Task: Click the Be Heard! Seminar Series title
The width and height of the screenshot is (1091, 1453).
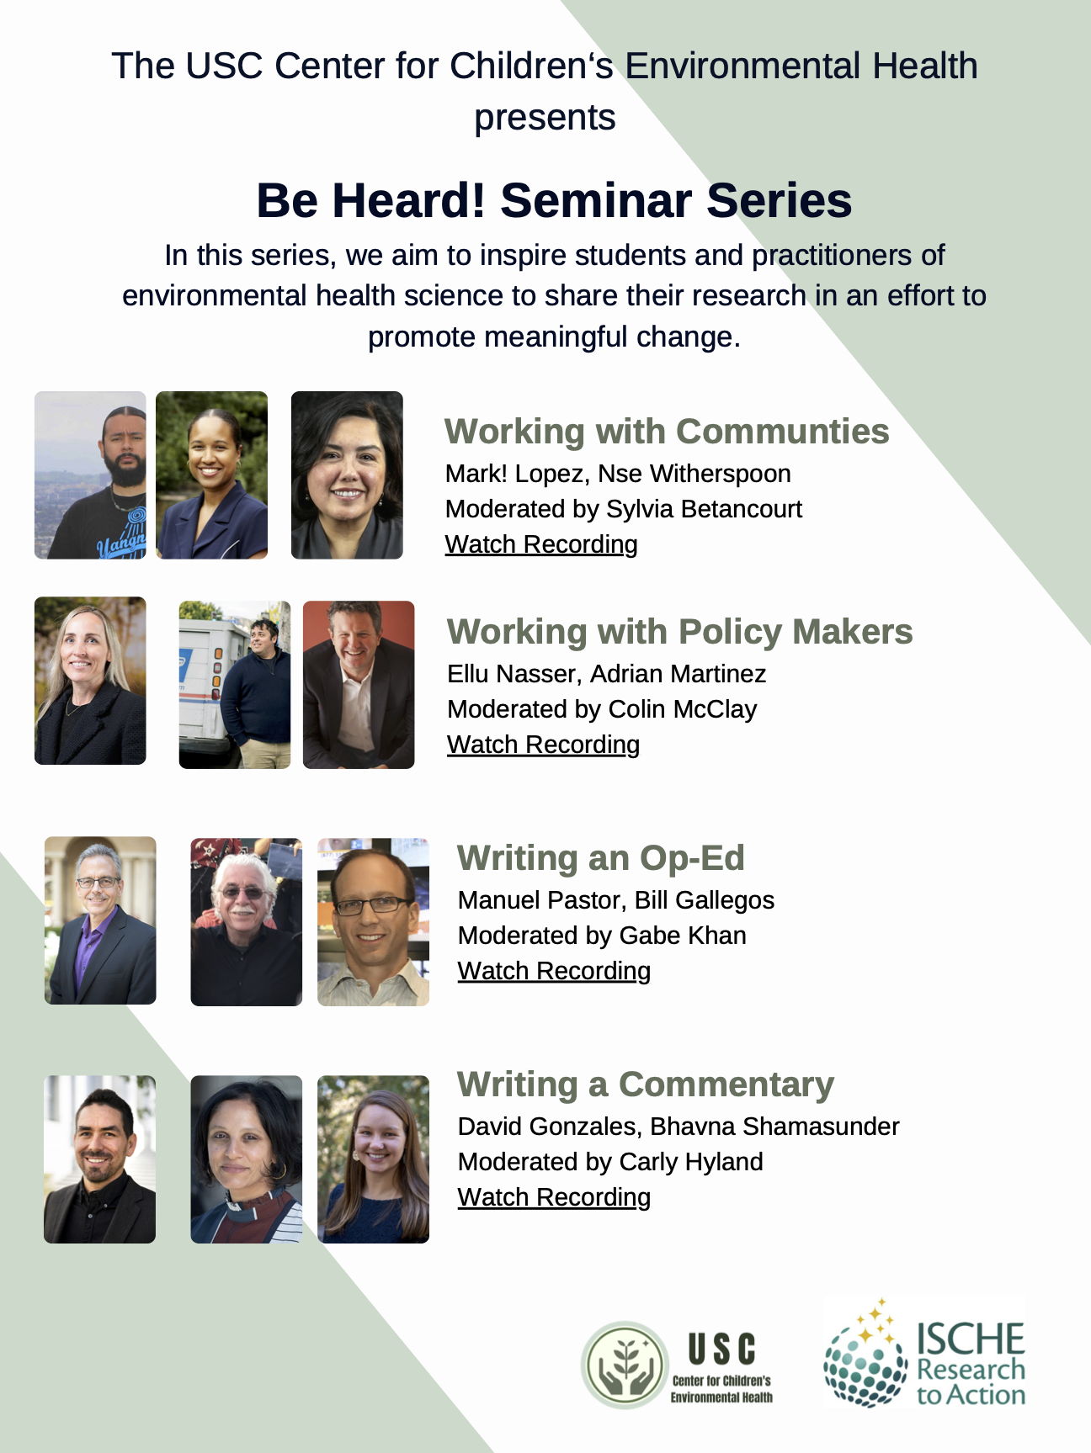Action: click(x=554, y=200)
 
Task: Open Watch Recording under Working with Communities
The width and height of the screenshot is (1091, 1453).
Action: click(x=541, y=544)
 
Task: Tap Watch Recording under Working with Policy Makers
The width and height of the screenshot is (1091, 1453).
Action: click(x=543, y=745)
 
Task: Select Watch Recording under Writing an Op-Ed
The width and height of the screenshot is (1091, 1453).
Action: click(x=554, y=971)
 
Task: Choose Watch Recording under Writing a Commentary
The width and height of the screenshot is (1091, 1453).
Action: click(x=554, y=1197)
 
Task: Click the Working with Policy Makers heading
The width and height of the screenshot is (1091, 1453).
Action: click(x=679, y=632)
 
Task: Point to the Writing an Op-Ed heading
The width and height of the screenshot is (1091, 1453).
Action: click(x=600, y=858)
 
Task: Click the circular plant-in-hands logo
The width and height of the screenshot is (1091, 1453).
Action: click(x=625, y=1364)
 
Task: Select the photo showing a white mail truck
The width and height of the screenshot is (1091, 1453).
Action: click(x=234, y=684)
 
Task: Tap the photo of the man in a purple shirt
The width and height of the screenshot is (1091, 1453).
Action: click(x=100, y=920)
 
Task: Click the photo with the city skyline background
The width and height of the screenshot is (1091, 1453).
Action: click(x=90, y=475)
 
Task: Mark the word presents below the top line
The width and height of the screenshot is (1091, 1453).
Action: click(x=545, y=118)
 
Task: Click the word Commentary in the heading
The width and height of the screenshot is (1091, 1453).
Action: click(x=726, y=1084)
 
